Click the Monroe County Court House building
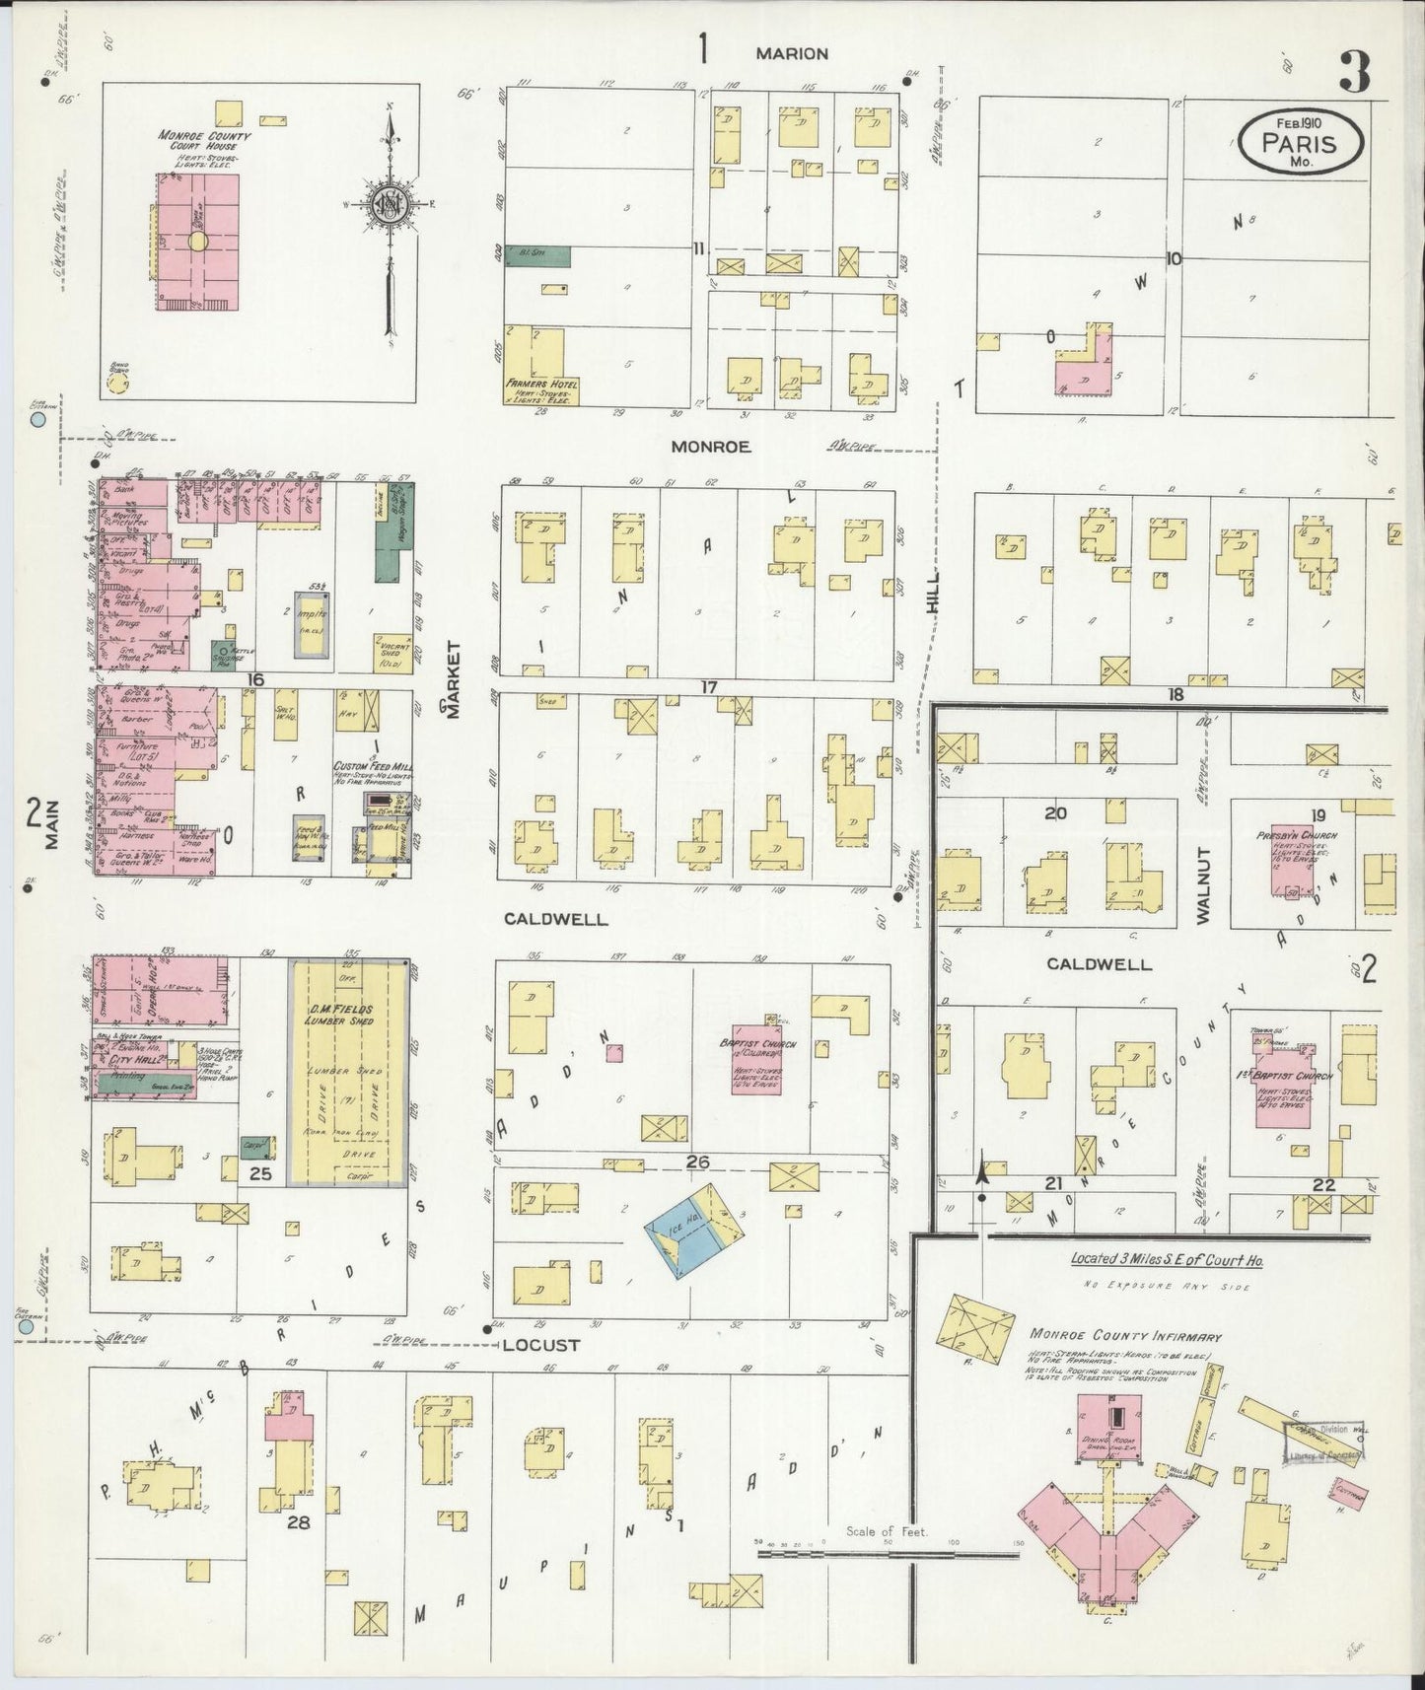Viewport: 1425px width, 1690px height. pyautogui.click(x=197, y=242)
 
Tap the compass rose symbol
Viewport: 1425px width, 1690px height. pyautogui.click(x=389, y=205)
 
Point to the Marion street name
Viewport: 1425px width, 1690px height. pyautogui.click(x=792, y=54)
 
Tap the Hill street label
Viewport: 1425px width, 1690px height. pyautogui.click(x=933, y=594)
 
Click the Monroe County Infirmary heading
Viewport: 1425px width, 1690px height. pyautogui.click(x=1125, y=1337)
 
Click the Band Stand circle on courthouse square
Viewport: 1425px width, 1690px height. pyautogui.click(x=119, y=382)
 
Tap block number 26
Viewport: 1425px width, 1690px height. pyautogui.click(x=697, y=1162)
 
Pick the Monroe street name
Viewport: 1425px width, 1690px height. pyautogui.click(x=711, y=447)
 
